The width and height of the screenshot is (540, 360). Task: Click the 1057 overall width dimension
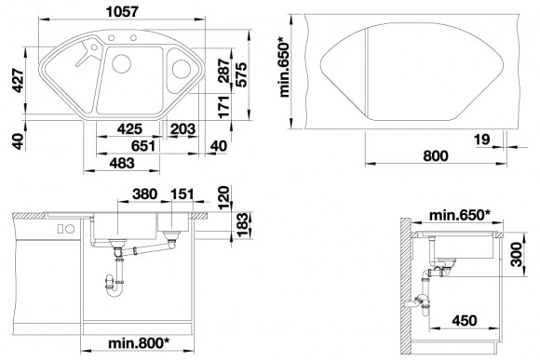122,12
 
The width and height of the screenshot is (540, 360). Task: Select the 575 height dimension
242,74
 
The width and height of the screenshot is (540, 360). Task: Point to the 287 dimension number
224,71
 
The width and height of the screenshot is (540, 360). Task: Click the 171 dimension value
224,107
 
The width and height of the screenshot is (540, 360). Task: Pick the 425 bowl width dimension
129,129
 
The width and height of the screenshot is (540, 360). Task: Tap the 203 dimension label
182,129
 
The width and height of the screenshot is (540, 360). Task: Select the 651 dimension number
143,146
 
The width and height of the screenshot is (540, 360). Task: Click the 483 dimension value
122,163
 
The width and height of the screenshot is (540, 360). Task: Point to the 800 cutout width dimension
436,156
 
